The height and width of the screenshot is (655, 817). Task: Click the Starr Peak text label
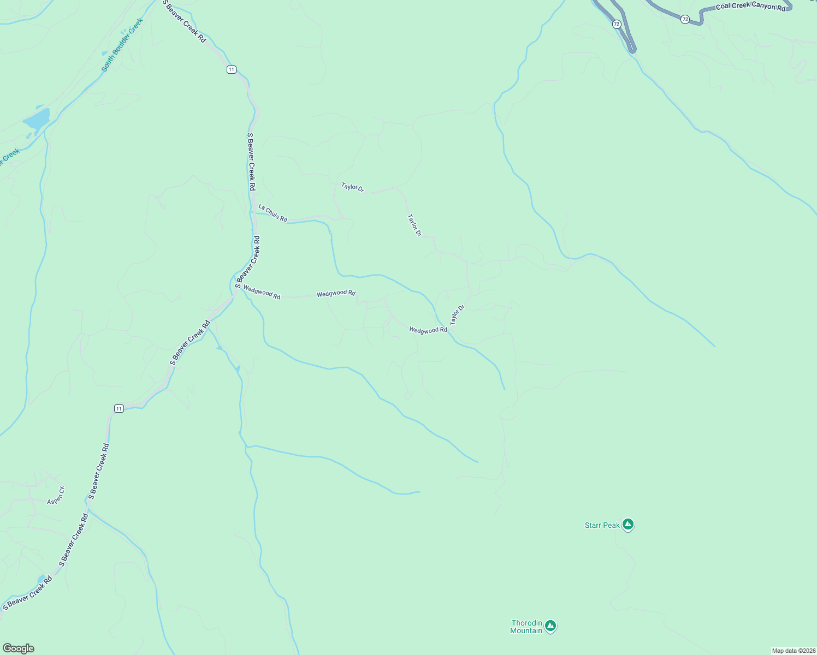click(602, 525)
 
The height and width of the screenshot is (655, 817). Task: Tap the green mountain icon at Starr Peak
click(628, 525)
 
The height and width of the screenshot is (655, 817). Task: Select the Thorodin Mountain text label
click(526, 627)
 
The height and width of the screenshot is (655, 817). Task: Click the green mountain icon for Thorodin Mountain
click(550, 626)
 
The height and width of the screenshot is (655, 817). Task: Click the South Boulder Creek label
click(122, 45)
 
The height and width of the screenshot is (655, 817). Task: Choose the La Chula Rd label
click(273, 213)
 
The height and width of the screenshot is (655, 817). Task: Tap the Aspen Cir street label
click(56, 496)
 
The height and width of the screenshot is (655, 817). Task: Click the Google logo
click(19, 648)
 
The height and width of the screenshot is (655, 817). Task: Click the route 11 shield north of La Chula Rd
click(232, 69)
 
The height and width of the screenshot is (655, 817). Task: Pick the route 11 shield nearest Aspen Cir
click(119, 408)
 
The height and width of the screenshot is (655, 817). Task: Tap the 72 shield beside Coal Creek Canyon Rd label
click(685, 19)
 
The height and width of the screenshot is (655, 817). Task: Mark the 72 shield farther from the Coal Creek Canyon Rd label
click(617, 24)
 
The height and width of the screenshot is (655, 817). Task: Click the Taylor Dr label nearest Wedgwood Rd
click(457, 315)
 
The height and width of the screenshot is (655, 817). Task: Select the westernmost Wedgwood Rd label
click(262, 292)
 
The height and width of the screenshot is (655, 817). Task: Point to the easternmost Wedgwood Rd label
click(428, 330)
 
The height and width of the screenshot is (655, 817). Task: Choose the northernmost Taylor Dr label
click(352, 187)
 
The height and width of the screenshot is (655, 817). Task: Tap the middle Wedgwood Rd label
click(336, 294)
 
